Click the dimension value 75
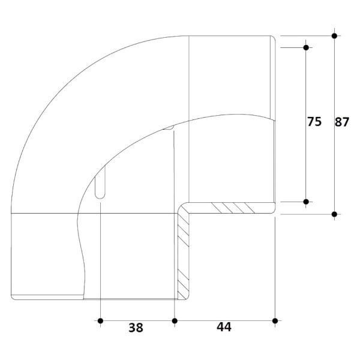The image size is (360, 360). click(x=314, y=122)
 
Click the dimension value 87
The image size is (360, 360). click(x=341, y=122)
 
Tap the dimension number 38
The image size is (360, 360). click(x=136, y=328)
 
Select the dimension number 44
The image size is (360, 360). click(x=224, y=327)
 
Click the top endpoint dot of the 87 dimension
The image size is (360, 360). click(x=334, y=36)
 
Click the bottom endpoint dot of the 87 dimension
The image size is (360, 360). click(x=334, y=214)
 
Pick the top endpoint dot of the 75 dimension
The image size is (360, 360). click(x=306, y=47)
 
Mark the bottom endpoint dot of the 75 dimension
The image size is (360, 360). click(x=306, y=202)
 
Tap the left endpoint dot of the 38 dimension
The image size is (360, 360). click(x=100, y=321)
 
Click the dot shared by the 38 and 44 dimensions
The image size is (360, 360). click(x=175, y=321)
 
